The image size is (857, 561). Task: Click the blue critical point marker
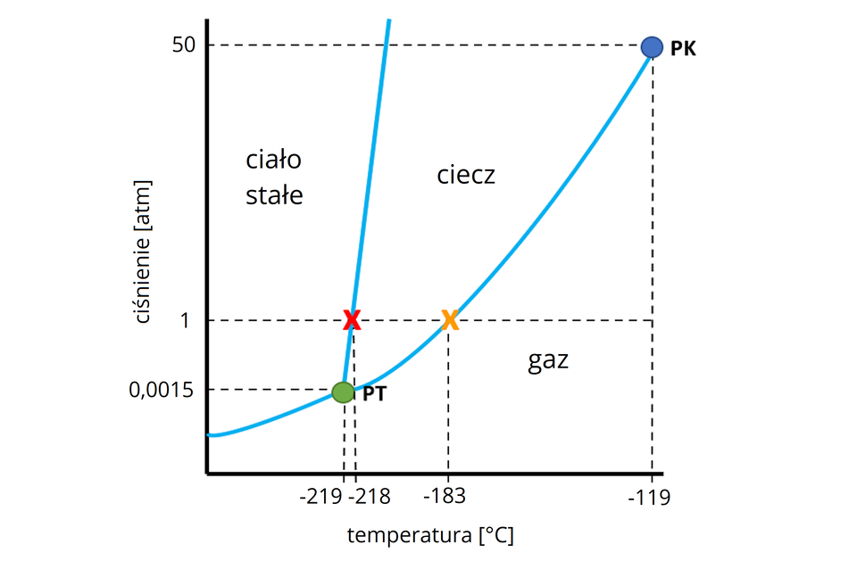pyautogui.click(x=653, y=46)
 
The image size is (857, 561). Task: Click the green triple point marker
pyautogui.click(x=343, y=392)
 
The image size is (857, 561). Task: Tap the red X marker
pyautogui.click(x=352, y=320)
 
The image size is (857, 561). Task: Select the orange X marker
pyautogui.click(x=450, y=320)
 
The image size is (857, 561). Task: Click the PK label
pyautogui.click(x=683, y=49)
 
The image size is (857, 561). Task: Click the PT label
pyautogui.click(x=374, y=393)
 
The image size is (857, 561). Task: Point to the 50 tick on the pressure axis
pyautogui.click(x=185, y=45)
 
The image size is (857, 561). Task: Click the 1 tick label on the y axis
pyautogui.click(x=186, y=320)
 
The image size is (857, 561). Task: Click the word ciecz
pyautogui.click(x=465, y=175)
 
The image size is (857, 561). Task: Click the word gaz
pyautogui.click(x=548, y=361)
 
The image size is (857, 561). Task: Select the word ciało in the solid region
pyautogui.click(x=274, y=161)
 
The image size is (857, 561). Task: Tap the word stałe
pyautogui.click(x=274, y=195)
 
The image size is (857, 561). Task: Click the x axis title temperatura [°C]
pyautogui.click(x=430, y=536)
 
